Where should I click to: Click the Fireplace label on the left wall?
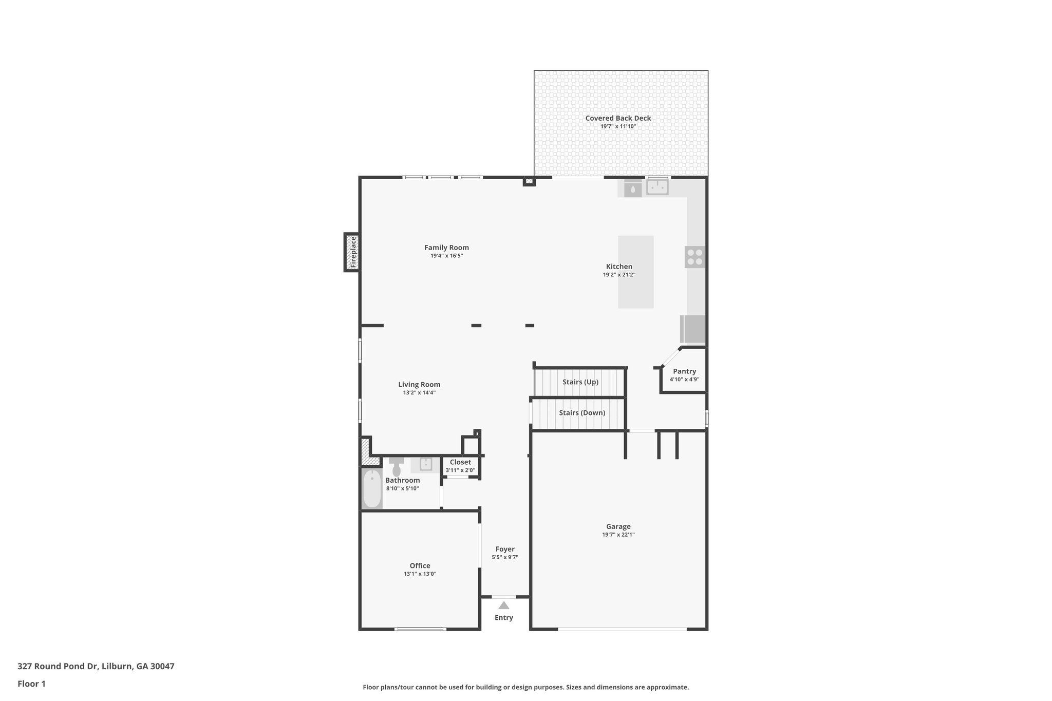click(353, 252)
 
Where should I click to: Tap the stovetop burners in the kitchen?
click(695, 257)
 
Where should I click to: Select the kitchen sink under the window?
click(657, 187)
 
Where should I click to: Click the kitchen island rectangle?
click(635, 272)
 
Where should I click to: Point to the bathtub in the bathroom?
click(372, 489)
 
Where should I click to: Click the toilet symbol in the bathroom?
click(397, 467)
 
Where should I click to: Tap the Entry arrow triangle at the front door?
click(504, 605)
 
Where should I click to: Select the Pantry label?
click(684, 371)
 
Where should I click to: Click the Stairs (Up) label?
click(580, 382)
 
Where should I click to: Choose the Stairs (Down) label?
click(582, 413)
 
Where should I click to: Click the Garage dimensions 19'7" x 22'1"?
click(618, 535)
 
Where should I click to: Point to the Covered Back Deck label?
click(618, 118)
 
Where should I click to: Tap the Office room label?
click(420, 566)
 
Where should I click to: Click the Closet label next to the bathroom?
click(460, 462)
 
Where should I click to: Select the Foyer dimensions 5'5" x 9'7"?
click(505, 557)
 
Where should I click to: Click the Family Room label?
click(446, 248)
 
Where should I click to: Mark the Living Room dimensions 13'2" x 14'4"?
click(419, 393)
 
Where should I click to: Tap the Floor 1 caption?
click(31, 684)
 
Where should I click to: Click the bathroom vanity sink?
click(425, 464)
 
